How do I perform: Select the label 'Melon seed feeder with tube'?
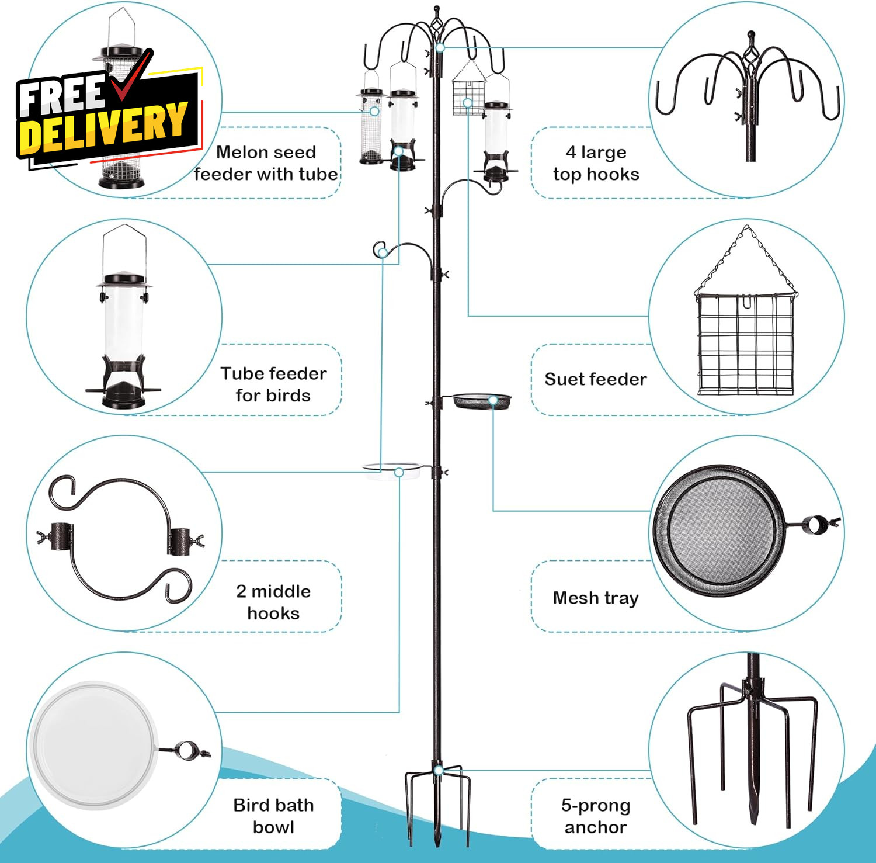tap(266, 163)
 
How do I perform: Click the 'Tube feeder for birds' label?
tap(273, 384)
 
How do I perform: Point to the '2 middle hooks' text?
tap(273, 602)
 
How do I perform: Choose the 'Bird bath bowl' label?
tap(273, 816)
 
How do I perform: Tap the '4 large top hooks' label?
tap(596, 163)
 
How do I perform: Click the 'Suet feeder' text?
tap(596, 379)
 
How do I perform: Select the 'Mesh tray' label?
tap(596, 598)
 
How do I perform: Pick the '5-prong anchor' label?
tap(596, 816)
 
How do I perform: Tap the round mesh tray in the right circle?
tap(718, 530)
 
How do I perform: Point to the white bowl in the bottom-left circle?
tap(93, 745)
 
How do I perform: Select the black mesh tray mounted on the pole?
tap(482, 401)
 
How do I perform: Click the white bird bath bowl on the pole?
tap(392, 471)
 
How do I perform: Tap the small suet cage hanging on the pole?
tap(468, 98)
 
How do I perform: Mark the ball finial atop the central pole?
tap(436, 9)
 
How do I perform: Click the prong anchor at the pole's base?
tap(437, 803)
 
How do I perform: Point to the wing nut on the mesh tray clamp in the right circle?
tap(835, 522)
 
